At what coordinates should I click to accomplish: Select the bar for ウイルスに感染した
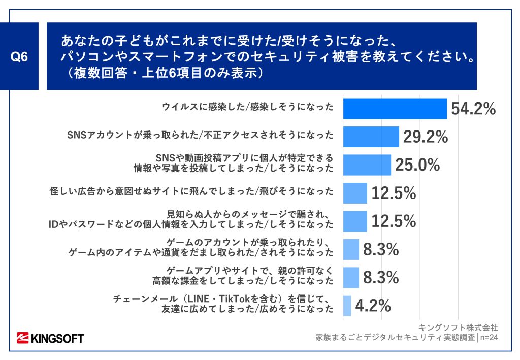(395, 108)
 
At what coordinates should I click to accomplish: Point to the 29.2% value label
(426, 137)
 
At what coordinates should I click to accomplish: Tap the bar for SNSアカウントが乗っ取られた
(371, 137)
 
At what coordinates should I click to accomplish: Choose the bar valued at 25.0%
(367, 165)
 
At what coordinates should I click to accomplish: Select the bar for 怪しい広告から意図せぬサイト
(354, 193)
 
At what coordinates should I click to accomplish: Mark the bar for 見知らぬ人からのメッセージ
(354, 221)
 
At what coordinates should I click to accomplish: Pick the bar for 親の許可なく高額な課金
(350, 277)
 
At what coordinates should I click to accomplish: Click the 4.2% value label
(373, 306)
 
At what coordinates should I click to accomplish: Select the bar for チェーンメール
(347, 306)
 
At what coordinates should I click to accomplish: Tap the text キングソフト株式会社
(458, 326)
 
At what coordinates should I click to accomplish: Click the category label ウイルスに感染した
(248, 107)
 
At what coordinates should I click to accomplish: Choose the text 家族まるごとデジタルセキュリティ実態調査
(396, 336)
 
